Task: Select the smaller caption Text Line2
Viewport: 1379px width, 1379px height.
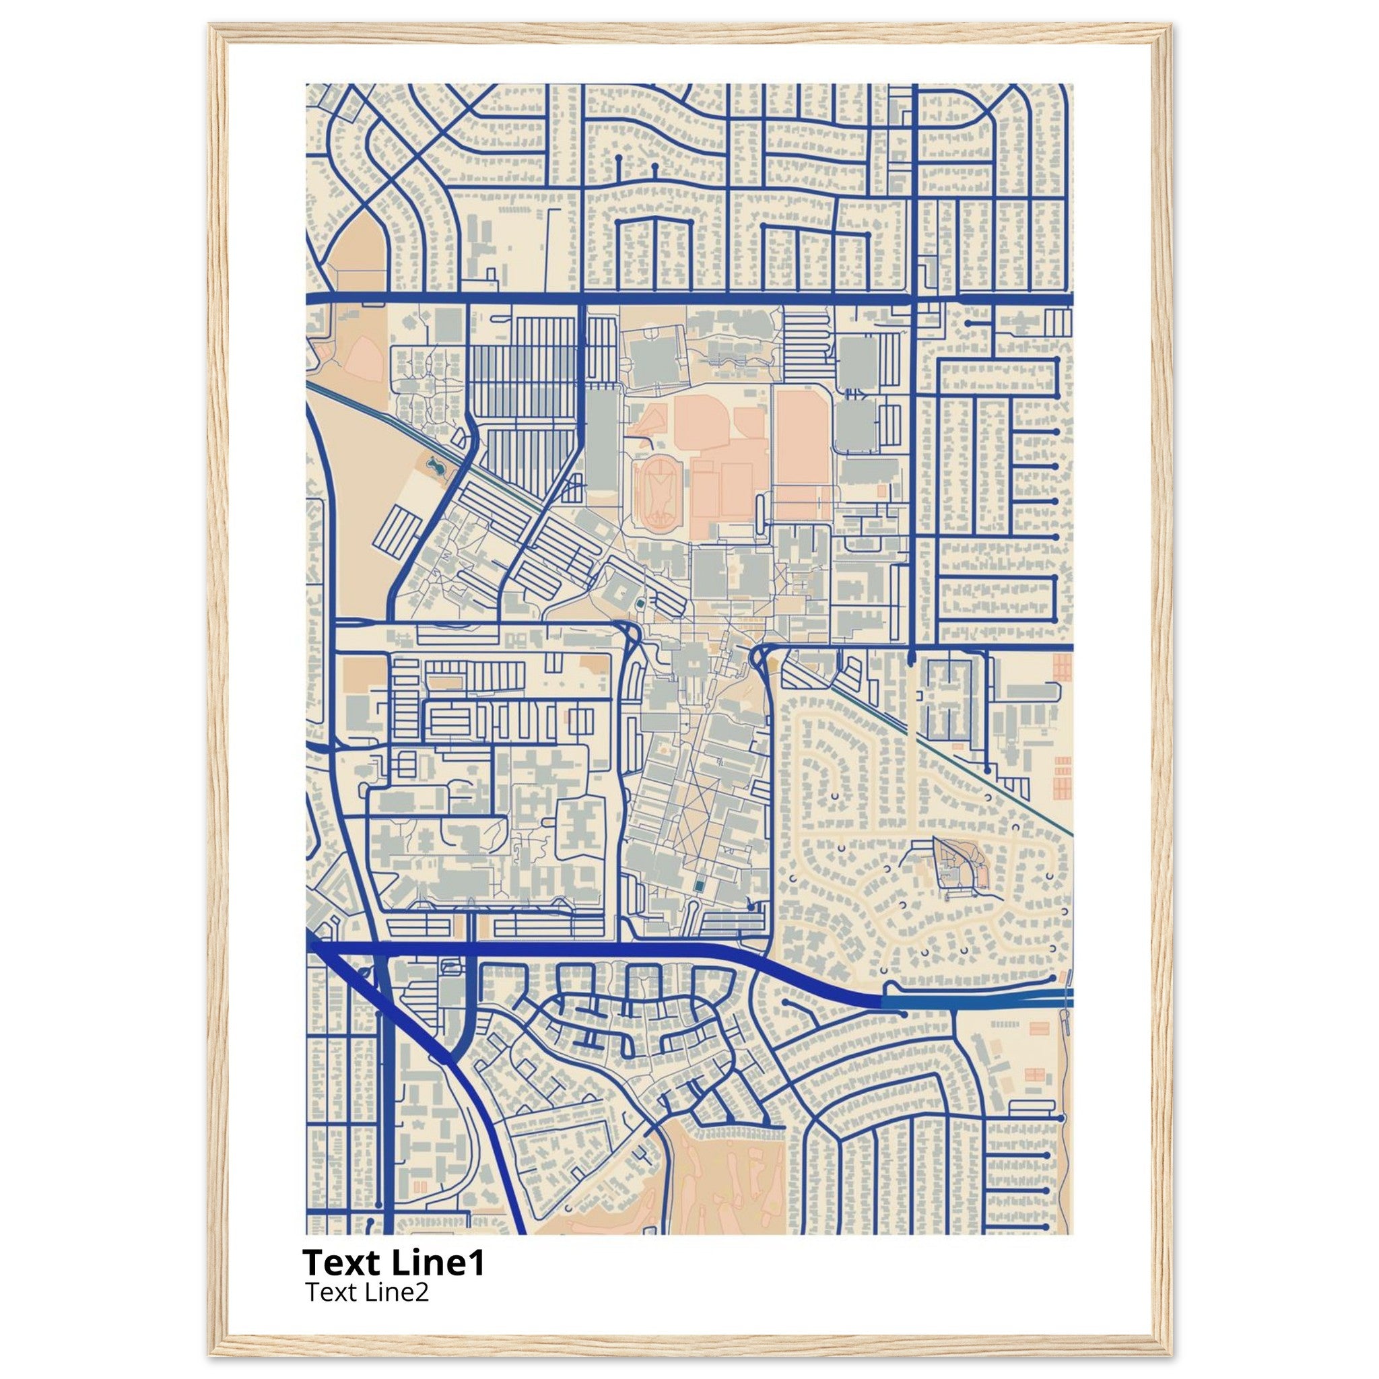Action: (x=367, y=1291)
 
